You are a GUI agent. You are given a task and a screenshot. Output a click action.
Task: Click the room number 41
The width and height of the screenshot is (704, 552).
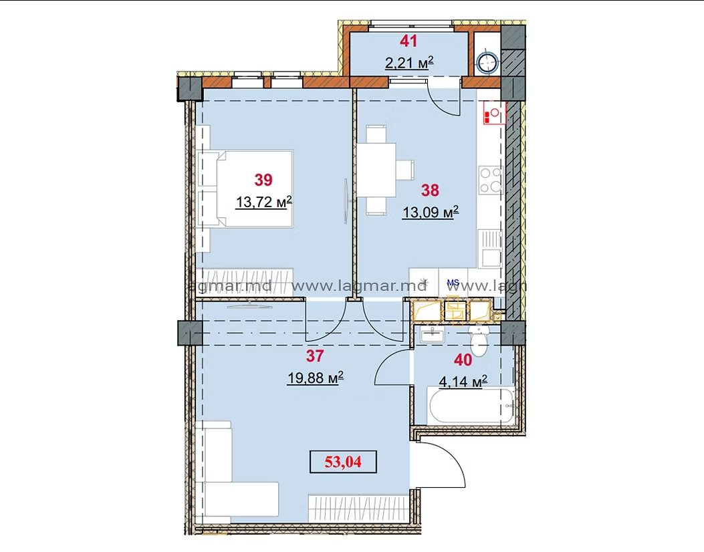coord(408,41)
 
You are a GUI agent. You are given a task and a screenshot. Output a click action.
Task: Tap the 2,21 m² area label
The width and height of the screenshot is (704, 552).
coord(409,62)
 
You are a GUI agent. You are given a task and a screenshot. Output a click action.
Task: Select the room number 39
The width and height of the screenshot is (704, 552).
coord(263,180)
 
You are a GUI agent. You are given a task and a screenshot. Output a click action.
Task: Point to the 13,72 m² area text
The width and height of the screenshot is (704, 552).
coord(264,202)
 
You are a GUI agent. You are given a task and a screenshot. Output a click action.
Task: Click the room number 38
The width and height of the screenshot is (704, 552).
coord(430,190)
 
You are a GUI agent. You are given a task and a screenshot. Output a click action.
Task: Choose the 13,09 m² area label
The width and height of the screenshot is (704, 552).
coord(431,212)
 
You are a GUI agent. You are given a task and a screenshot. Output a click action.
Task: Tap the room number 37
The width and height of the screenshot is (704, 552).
coord(315,356)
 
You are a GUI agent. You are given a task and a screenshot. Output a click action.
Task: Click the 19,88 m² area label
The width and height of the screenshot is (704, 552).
coord(316,378)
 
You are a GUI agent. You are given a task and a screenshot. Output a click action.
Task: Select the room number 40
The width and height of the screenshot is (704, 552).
coord(463,360)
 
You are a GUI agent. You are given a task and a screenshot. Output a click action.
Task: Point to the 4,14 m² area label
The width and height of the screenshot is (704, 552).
coord(463,382)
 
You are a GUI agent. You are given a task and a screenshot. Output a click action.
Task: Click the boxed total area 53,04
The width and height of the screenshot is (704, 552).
coord(343,462)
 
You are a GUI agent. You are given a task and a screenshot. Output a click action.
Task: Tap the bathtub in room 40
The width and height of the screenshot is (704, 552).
coord(471,406)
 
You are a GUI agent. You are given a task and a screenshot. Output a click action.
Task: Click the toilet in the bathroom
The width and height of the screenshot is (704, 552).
coord(479,340)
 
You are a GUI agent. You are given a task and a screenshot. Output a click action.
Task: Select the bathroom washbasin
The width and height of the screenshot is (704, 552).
coord(433,334)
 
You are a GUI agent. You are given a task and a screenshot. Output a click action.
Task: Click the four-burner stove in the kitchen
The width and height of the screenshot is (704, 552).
coord(490,180)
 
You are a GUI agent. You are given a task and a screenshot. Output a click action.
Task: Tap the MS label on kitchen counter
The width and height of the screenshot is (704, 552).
coord(453,283)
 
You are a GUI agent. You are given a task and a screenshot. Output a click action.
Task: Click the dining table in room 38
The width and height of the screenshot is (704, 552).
coord(376,170)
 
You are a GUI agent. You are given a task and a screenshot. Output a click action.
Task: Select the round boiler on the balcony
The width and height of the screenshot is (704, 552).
coord(488,63)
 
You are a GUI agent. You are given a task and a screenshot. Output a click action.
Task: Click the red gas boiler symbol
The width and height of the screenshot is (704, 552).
coord(495,113)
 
